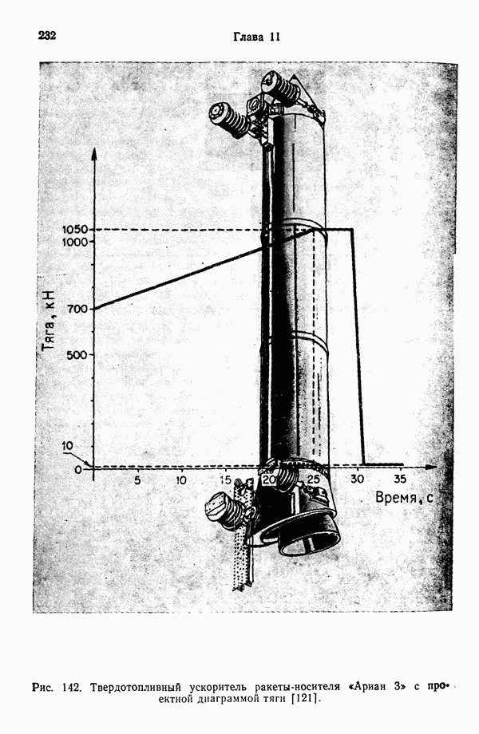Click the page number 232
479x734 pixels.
47,36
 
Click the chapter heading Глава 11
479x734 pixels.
256,37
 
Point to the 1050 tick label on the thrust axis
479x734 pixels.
74,230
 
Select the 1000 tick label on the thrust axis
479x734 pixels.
74,242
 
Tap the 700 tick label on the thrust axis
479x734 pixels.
77,309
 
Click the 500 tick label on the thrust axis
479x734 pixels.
77,355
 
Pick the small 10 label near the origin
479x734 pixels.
68,446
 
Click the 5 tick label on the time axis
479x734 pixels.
137,480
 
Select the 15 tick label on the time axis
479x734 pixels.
226,480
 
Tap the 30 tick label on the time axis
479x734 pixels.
357,479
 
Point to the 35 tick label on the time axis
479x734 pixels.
400,479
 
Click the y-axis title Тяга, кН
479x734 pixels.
49,320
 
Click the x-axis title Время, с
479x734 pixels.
404,498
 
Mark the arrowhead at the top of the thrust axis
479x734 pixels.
94,152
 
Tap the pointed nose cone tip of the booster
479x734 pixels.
294,76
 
